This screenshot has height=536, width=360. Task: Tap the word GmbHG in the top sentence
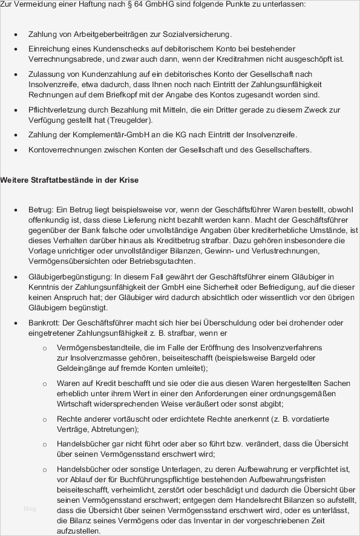point(160,4)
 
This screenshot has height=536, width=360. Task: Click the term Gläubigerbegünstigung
point(68,276)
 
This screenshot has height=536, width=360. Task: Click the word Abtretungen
point(113,430)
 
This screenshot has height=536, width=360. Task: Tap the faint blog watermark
point(30,509)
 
